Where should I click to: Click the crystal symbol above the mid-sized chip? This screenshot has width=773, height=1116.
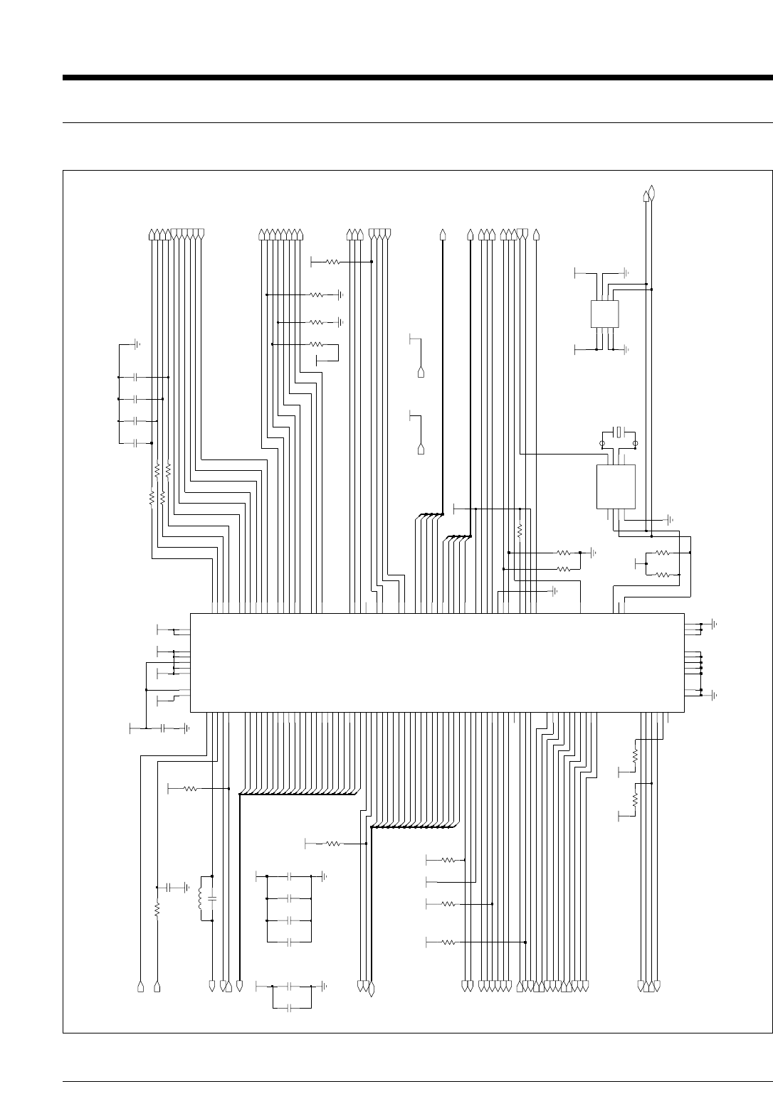pyautogui.click(x=619, y=431)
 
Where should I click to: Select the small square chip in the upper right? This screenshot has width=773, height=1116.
pyautogui.click(x=604, y=314)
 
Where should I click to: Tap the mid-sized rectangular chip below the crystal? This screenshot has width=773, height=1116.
pyautogui.click(x=616, y=487)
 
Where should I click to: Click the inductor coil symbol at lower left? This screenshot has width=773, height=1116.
pyautogui.click(x=201, y=898)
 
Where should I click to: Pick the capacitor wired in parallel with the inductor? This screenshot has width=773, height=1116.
pyautogui.click(x=213, y=900)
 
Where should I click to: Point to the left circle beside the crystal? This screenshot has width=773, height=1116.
pyautogui.click(x=603, y=443)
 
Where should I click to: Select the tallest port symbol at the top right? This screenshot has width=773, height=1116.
pyautogui.click(x=652, y=191)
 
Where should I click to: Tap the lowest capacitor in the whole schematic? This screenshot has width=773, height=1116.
pyautogui.click(x=290, y=1008)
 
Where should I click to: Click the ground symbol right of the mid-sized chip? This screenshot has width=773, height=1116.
pyautogui.click(x=670, y=519)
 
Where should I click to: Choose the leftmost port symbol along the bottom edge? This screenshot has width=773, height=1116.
pyautogui.click(x=140, y=987)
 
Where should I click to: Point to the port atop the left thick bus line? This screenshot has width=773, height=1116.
pyautogui.click(x=443, y=234)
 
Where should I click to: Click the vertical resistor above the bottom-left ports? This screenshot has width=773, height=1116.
pyautogui.click(x=157, y=908)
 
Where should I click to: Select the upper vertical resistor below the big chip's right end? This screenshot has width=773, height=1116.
pyautogui.click(x=634, y=754)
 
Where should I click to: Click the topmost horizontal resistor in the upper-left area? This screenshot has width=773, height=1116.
pyautogui.click(x=332, y=262)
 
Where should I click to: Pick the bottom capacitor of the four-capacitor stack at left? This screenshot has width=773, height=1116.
pyautogui.click(x=135, y=443)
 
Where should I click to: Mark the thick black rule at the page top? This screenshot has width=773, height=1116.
pyautogui.click(x=417, y=78)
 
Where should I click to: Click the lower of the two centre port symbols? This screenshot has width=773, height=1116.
pyautogui.click(x=421, y=450)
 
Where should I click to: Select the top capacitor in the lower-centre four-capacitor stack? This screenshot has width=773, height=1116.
pyautogui.click(x=290, y=876)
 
